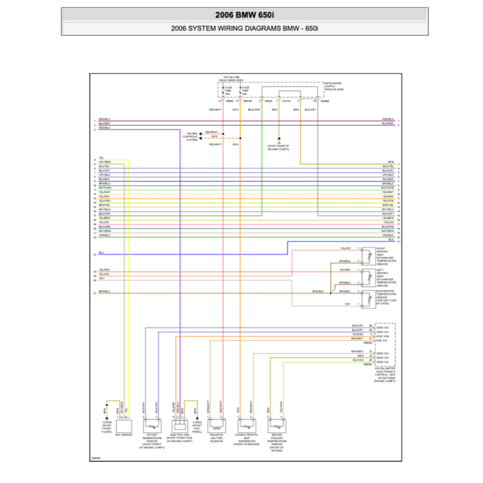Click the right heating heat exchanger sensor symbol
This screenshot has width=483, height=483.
[368, 255]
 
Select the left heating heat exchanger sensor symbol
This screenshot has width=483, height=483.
[368, 277]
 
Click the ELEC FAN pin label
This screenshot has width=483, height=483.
[383, 336]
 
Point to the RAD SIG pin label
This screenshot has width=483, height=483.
[382, 340]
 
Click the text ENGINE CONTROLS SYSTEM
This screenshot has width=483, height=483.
[192, 136]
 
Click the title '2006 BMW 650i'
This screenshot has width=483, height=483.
[244, 15]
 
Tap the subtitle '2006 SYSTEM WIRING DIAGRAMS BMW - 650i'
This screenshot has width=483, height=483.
[244, 29]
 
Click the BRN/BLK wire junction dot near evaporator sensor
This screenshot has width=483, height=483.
[331, 293]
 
